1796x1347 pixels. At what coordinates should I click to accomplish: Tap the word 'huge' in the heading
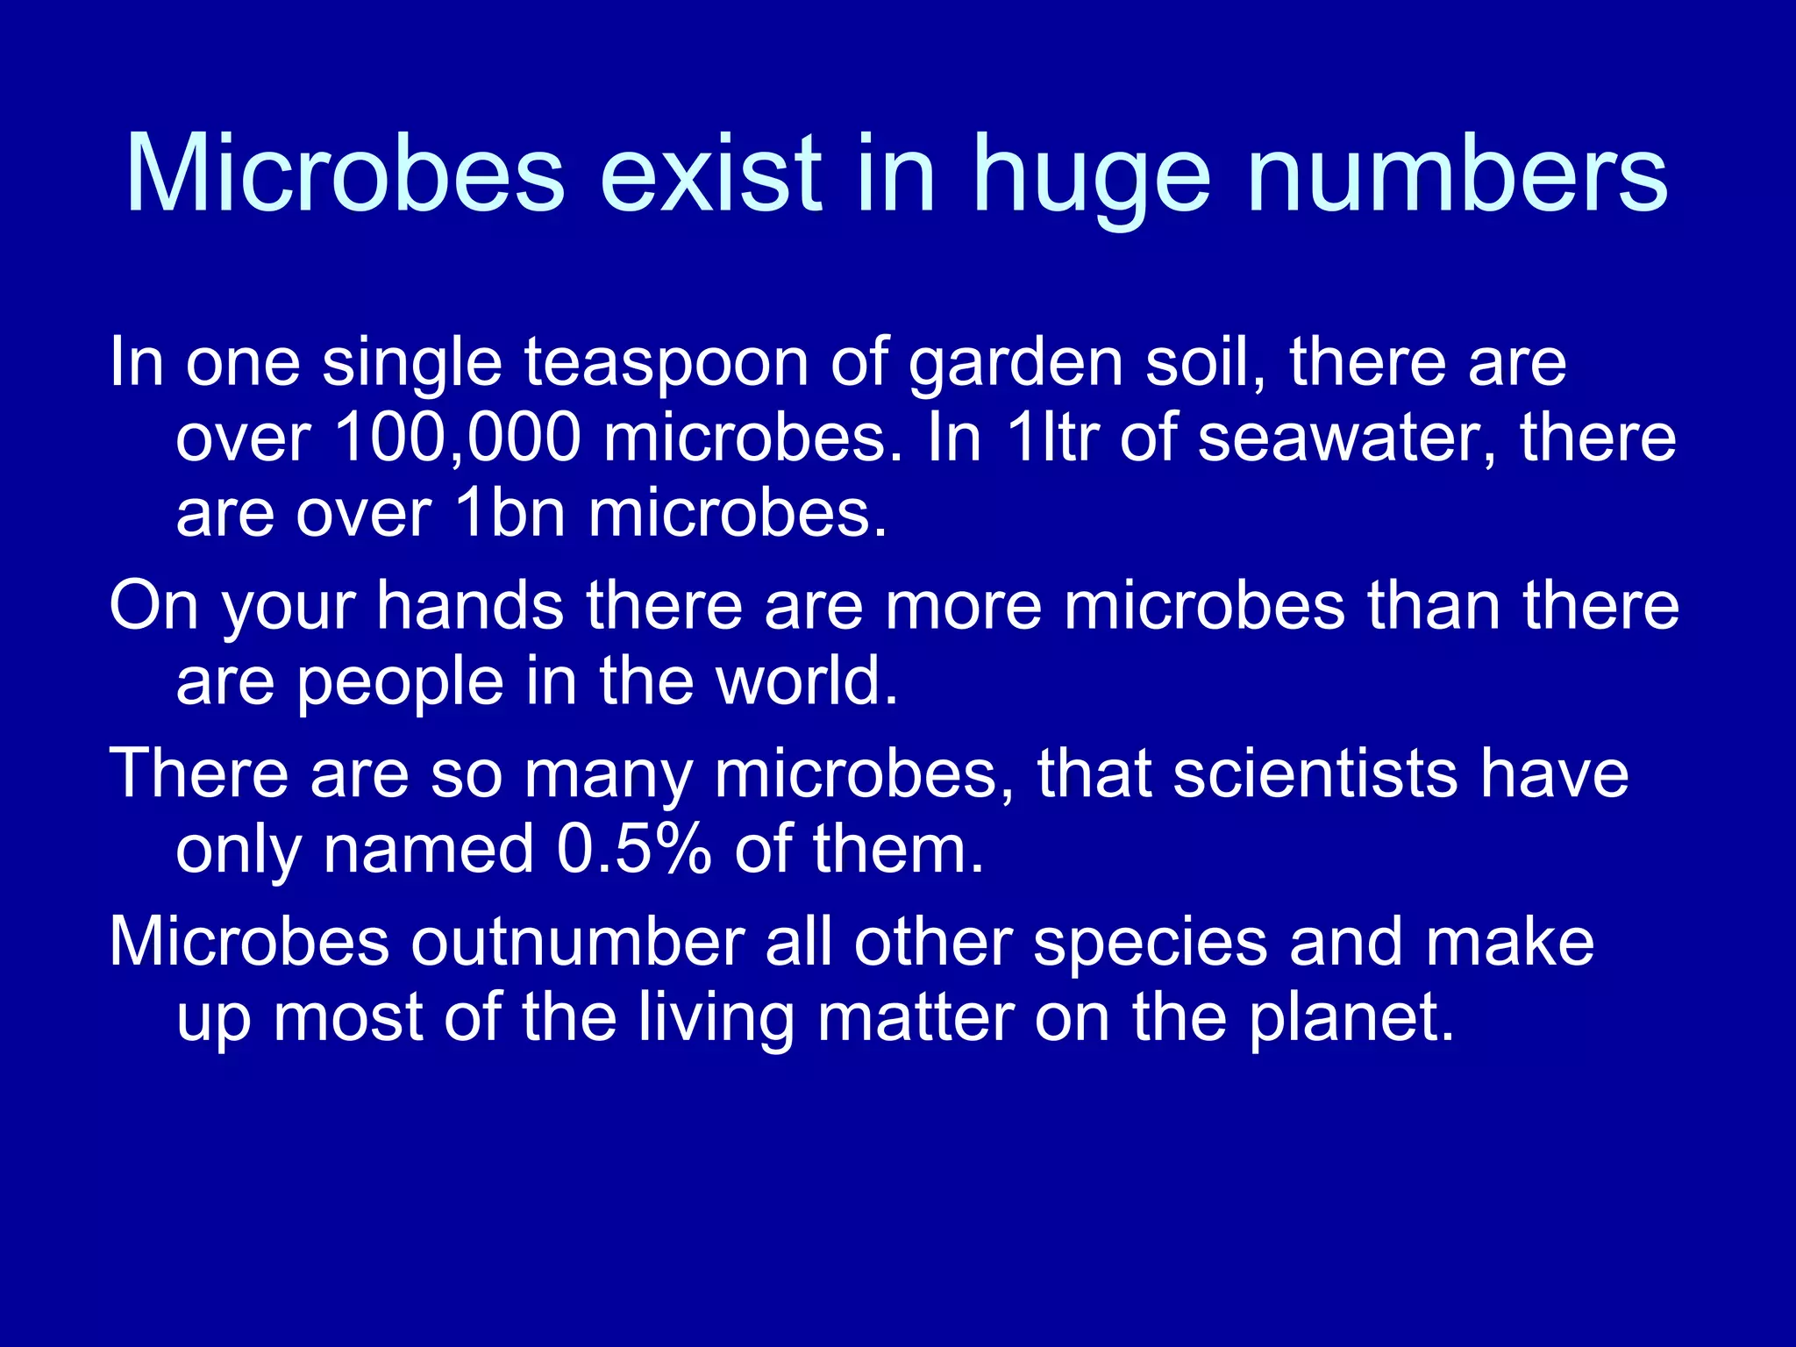click(x=1092, y=175)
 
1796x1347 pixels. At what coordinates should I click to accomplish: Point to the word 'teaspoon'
click(x=666, y=363)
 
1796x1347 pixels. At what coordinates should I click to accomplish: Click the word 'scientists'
click(x=1315, y=773)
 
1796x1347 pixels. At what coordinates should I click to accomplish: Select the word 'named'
click(x=429, y=849)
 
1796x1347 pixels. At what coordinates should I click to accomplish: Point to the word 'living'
click(x=716, y=1019)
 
